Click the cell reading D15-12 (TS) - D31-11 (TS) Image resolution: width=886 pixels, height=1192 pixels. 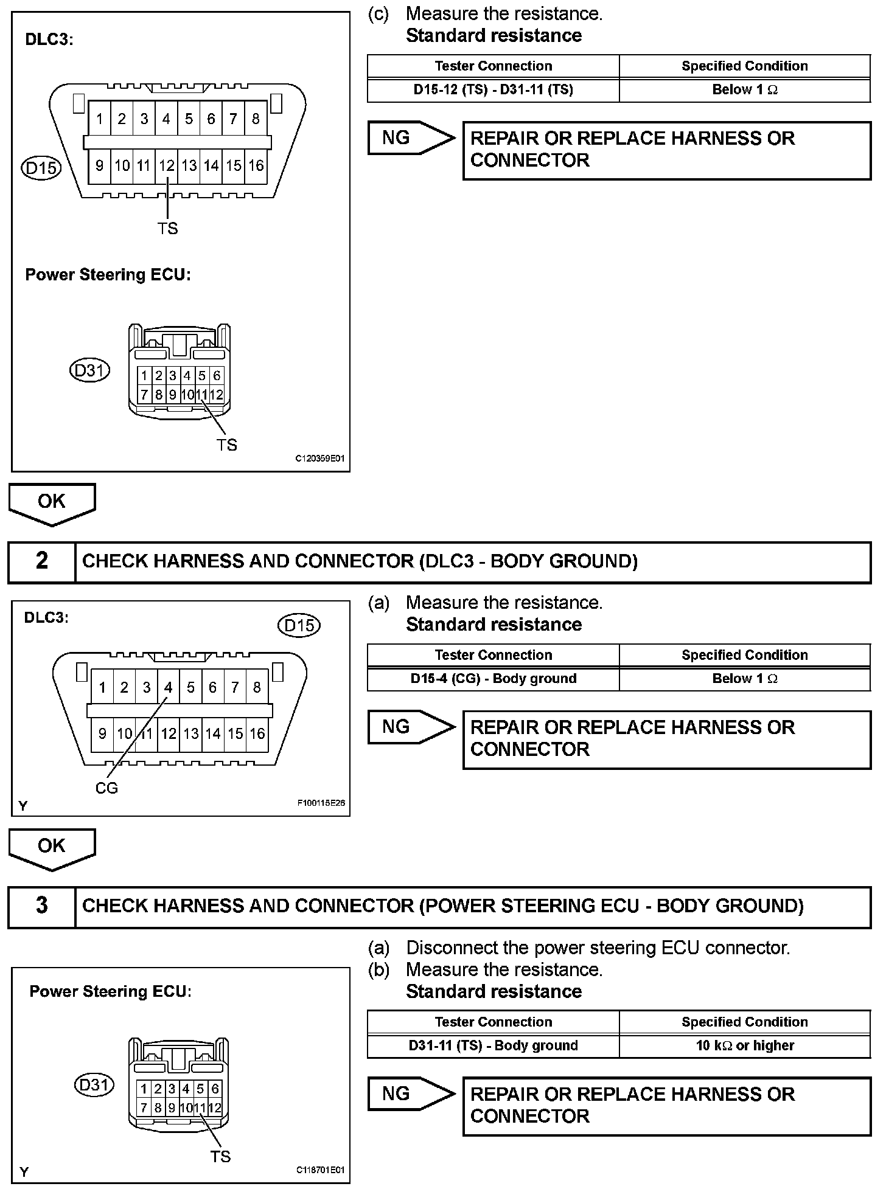click(493, 90)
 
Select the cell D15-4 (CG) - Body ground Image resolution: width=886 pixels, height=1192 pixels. click(493, 679)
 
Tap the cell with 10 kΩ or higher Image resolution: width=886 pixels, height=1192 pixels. click(745, 1045)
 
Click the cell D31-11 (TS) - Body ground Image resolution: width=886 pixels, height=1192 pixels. click(493, 1045)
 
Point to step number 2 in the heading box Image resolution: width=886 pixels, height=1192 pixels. click(41, 561)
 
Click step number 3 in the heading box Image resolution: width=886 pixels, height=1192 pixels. click(41, 906)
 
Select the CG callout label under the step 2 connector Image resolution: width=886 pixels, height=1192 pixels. click(106, 788)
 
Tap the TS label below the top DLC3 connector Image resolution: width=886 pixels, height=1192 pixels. click(167, 229)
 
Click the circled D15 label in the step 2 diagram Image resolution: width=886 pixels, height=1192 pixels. click(299, 625)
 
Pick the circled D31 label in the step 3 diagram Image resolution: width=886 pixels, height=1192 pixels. click(94, 1085)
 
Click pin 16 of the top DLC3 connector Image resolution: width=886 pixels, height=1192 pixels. click(256, 165)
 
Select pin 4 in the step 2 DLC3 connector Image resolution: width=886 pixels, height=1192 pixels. click(169, 687)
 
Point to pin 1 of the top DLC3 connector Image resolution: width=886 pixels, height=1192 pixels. click(100, 119)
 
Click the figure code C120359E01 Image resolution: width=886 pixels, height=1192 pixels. click(319, 459)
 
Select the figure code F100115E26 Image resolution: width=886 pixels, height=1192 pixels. click(321, 803)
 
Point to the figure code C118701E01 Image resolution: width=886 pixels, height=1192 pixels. click(320, 1170)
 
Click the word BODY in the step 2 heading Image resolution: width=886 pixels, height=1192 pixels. click(517, 561)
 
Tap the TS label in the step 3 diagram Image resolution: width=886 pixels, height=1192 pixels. click(220, 1156)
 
